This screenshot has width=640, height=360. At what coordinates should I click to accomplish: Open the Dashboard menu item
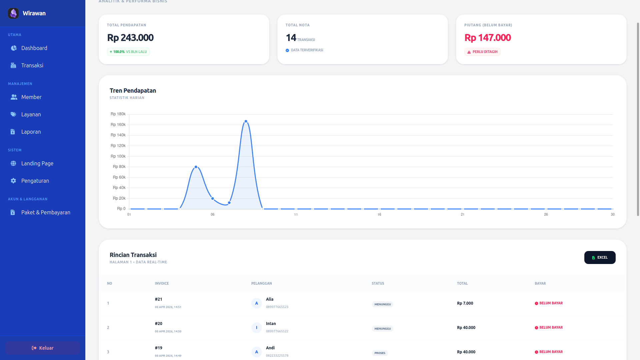34,48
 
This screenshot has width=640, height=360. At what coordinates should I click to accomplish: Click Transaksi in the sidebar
32,65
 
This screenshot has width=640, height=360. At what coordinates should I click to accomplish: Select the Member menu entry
31,97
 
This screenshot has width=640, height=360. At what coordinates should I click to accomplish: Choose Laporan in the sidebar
31,132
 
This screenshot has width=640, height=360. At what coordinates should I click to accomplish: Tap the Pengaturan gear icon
13,181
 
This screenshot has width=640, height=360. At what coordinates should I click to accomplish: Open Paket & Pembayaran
46,212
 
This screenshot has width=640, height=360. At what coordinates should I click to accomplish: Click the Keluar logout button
43,348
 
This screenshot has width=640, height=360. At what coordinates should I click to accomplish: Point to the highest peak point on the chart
246,121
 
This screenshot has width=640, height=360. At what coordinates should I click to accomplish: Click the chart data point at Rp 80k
196,167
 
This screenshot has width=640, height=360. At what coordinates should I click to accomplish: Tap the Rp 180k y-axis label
118,114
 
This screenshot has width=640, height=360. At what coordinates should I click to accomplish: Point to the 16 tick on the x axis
379,214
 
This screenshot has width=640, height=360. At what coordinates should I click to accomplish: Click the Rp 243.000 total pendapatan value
130,38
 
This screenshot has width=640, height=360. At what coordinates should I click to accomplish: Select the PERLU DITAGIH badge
482,52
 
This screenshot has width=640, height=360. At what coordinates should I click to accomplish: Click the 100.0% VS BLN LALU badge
128,52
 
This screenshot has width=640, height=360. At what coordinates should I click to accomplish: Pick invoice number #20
159,324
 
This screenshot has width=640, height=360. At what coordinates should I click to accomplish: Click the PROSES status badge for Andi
380,353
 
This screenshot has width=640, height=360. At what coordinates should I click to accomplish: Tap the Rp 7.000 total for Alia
465,303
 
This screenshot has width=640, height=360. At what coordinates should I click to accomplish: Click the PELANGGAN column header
262,283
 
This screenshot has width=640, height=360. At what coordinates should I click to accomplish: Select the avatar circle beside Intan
256,328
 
